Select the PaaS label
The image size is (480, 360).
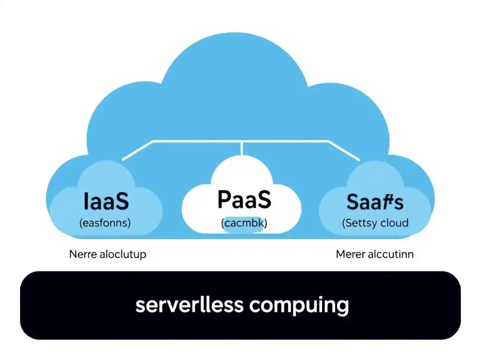244,200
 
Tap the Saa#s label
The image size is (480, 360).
375,202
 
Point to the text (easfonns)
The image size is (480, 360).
105,223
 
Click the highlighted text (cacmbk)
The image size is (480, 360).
244,224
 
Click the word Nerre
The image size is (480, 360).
82,255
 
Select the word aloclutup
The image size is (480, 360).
123,255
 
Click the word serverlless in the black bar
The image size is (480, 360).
189,305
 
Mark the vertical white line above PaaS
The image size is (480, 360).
241,148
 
